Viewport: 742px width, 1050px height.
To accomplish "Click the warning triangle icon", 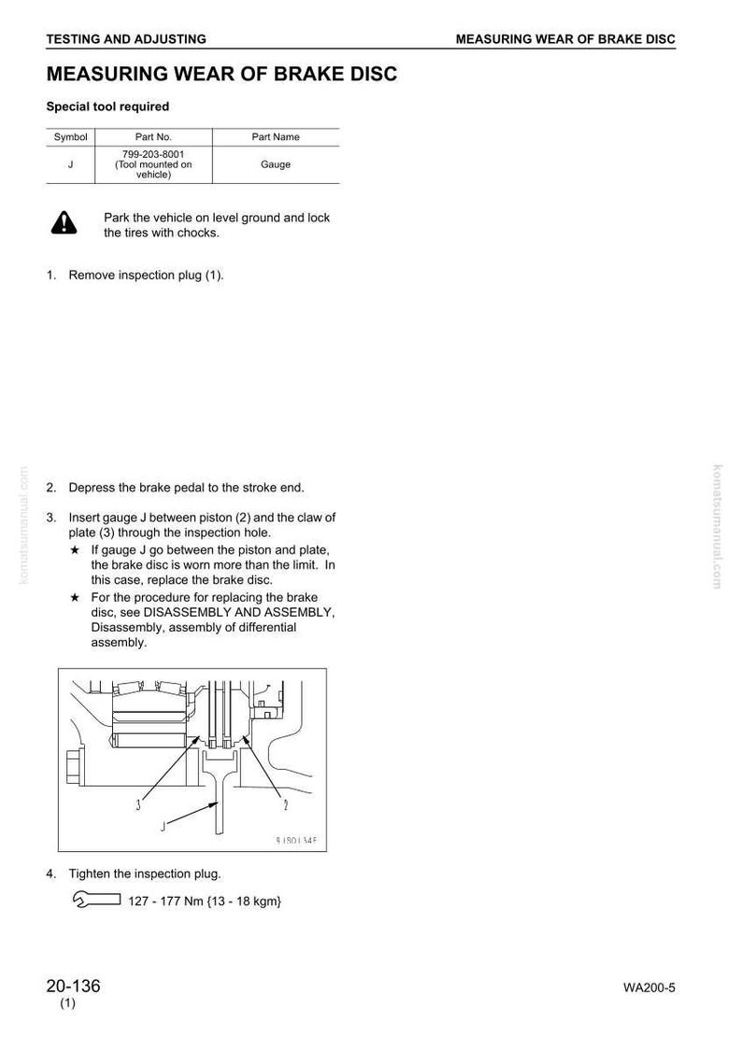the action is pyautogui.click(x=64, y=223).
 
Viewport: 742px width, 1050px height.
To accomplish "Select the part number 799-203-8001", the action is pyautogui.click(x=153, y=154).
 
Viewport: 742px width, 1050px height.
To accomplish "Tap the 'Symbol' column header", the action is pyautogui.click(x=70, y=136).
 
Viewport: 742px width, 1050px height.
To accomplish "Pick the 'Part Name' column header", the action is pyautogui.click(x=276, y=136).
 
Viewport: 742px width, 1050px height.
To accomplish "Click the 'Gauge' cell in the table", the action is pyautogui.click(x=276, y=164).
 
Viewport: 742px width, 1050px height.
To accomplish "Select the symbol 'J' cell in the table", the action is pyautogui.click(x=70, y=164).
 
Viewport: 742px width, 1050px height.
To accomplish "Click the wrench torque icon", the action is pyautogui.click(x=96, y=900).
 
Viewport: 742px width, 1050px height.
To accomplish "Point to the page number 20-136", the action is pyautogui.click(x=74, y=986).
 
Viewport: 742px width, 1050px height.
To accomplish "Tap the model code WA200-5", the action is pyautogui.click(x=649, y=987).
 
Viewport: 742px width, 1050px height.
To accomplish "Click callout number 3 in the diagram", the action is pyautogui.click(x=138, y=805).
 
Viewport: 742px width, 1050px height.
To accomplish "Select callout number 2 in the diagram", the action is pyautogui.click(x=285, y=805).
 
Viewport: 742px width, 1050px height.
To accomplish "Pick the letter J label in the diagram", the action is pyautogui.click(x=163, y=827).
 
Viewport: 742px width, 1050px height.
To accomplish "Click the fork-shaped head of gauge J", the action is pyautogui.click(x=220, y=761).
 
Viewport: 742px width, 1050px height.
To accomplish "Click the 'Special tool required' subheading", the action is pyautogui.click(x=107, y=106).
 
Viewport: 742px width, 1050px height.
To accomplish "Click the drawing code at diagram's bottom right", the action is pyautogui.click(x=296, y=841).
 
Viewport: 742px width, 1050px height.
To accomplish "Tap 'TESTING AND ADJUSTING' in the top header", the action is pyautogui.click(x=126, y=39).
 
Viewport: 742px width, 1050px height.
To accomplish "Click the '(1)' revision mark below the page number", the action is pyautogui.click(x=67, y=1003).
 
